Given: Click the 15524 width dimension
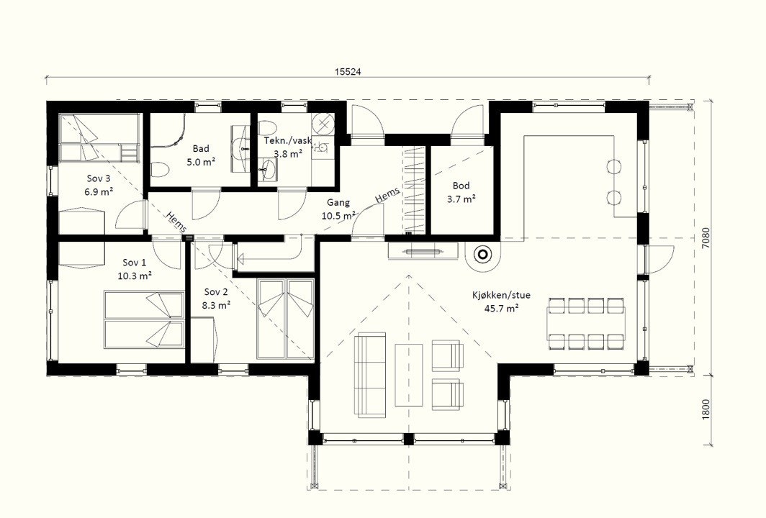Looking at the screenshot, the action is [348, 71].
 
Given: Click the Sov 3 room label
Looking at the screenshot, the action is [99, 185].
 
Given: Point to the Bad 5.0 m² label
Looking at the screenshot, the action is [201, 155].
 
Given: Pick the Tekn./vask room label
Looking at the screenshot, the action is [288, 140].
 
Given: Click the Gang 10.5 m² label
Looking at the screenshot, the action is [338, 209].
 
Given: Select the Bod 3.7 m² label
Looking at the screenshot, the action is [461, 192].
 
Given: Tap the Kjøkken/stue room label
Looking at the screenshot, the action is [501, 295].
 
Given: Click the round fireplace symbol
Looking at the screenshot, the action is [482, 255].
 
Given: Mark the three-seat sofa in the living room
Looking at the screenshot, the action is [370, 375].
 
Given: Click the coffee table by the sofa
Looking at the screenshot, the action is [409, 375].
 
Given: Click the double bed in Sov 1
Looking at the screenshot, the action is [145, 319].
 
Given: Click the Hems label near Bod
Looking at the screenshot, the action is [387, 194].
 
